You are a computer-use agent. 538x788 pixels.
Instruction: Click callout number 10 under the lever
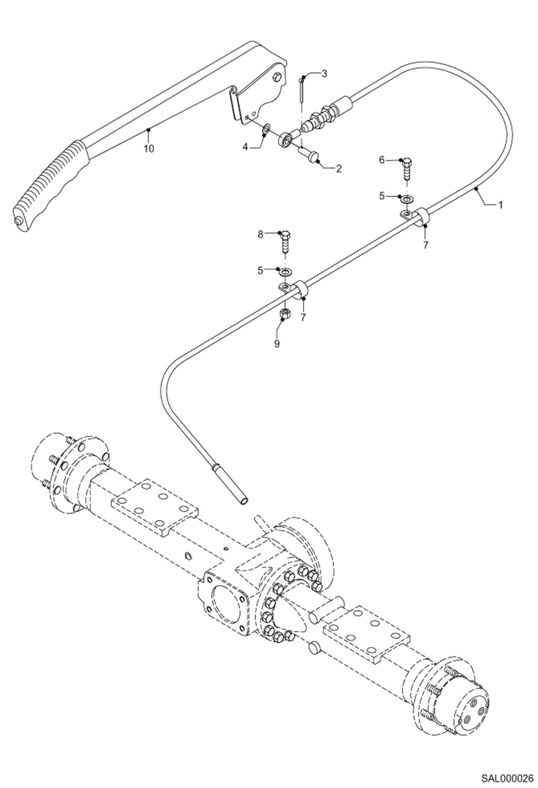tap(149, 148)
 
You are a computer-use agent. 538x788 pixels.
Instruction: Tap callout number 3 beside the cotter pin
tap(324, 74)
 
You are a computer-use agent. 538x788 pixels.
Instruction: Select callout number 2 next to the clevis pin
tap(338, 168)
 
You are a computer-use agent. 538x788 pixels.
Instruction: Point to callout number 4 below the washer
tap(245, 147)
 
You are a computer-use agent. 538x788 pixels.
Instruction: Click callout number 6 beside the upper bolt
tap(382, 160)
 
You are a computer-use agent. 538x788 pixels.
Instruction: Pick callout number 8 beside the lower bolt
tap(260, 234)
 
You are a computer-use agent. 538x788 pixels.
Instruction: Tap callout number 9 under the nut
tap(277, 343)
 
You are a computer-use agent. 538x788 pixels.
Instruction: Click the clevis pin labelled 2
tap(308, 155)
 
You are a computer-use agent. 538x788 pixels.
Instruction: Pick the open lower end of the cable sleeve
tap(244, 500)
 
